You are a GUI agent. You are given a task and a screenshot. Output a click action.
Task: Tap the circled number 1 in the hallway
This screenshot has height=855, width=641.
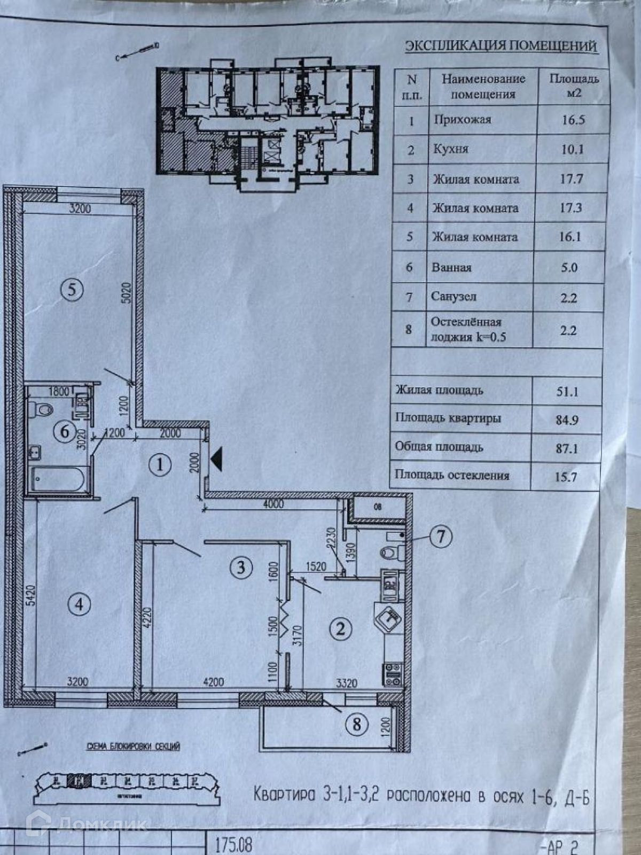pyautogui.click(x=160, y=465)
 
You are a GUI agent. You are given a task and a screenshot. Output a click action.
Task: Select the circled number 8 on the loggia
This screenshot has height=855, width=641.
pyautogui.click(x=357, y=724)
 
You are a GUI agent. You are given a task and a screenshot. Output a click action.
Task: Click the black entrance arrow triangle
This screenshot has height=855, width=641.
pyautogui.click(x=216, y=460)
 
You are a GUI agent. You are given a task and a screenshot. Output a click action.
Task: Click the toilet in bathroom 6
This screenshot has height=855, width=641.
pyautogui.click(x=42, y=409)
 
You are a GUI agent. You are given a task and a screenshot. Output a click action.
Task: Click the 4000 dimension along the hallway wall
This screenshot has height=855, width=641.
pyautogui.click(x=270, y=504)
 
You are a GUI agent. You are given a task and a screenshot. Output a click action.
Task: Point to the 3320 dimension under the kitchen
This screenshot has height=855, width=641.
pyautogui.click(x=347, y=682)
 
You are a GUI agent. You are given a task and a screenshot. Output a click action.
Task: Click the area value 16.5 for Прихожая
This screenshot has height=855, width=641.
pyautogui.click(x=573, y=120)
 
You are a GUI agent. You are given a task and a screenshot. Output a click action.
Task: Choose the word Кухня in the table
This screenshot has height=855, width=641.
pyautogui.click(x=451, y=149)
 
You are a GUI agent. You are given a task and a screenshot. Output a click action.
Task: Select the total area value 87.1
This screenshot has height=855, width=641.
pyautogui.click(x=567, y=448)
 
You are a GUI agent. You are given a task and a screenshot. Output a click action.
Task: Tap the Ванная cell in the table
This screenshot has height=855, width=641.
pyautogui.click(x=452, y=267)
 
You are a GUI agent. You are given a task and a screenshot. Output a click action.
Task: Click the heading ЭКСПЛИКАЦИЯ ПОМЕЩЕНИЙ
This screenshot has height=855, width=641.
pyautogui.click(x=501, y=46)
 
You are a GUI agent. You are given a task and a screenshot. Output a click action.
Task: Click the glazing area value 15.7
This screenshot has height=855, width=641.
pyautogui.click(x=566, y=476)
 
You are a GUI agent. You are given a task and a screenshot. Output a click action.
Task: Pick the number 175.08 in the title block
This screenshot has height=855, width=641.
pyautogui.click(x=233, y=845)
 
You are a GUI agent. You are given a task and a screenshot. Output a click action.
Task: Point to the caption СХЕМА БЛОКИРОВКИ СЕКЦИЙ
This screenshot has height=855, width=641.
pyautogui.click(x=134, y=747)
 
